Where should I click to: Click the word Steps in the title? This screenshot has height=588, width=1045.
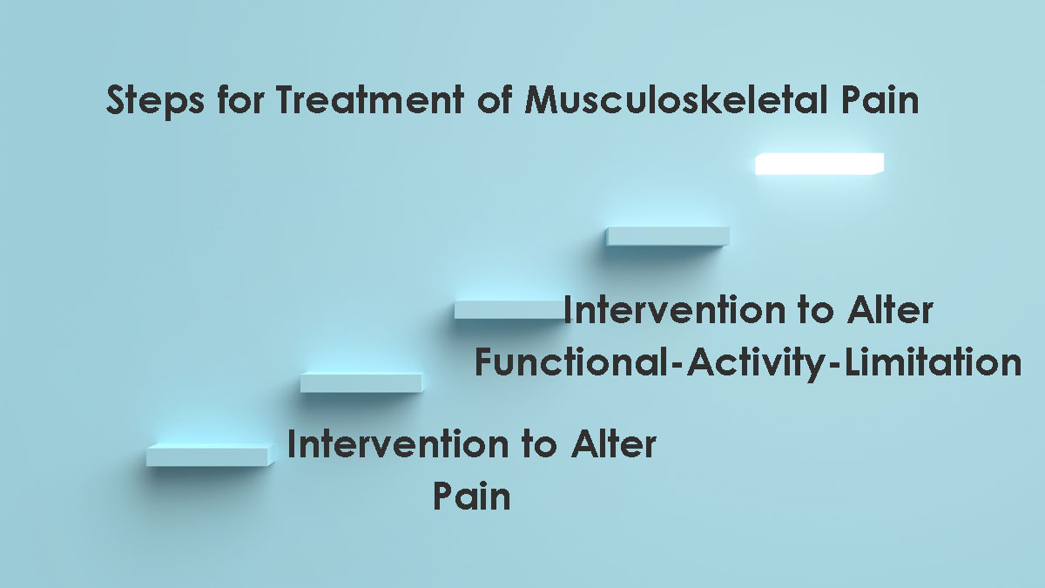tap(155, 100)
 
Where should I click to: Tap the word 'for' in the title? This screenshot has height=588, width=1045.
tap(240, 99)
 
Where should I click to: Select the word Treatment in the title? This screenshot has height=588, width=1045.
tap(370, 99)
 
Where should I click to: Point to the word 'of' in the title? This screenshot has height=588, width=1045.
tap(495, 99)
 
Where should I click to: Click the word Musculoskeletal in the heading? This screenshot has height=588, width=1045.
tap(678, 99)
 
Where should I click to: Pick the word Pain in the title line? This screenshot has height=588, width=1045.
tap(880, 99)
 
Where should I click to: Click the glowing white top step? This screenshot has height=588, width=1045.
tap(819, 164)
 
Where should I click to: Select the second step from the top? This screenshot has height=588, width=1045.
tap(668, 236)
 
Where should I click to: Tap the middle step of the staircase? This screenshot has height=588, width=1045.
tap(509, 310)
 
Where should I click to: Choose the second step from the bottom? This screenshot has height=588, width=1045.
tap(361, 382)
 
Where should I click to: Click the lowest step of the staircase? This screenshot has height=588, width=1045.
tap(211, 455)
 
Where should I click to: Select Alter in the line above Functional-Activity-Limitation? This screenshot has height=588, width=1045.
tap(890, 309)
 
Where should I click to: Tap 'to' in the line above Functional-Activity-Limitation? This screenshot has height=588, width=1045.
tap(817, 311)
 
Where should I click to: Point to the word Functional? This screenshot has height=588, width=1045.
tap(572, 362)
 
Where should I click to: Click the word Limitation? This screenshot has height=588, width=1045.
tap(933, 362)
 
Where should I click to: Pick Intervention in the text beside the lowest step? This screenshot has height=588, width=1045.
tap(398, 443)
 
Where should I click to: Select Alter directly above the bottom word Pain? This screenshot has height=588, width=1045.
tap(613, 443)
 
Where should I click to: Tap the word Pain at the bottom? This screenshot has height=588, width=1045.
tap(472, 495)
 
